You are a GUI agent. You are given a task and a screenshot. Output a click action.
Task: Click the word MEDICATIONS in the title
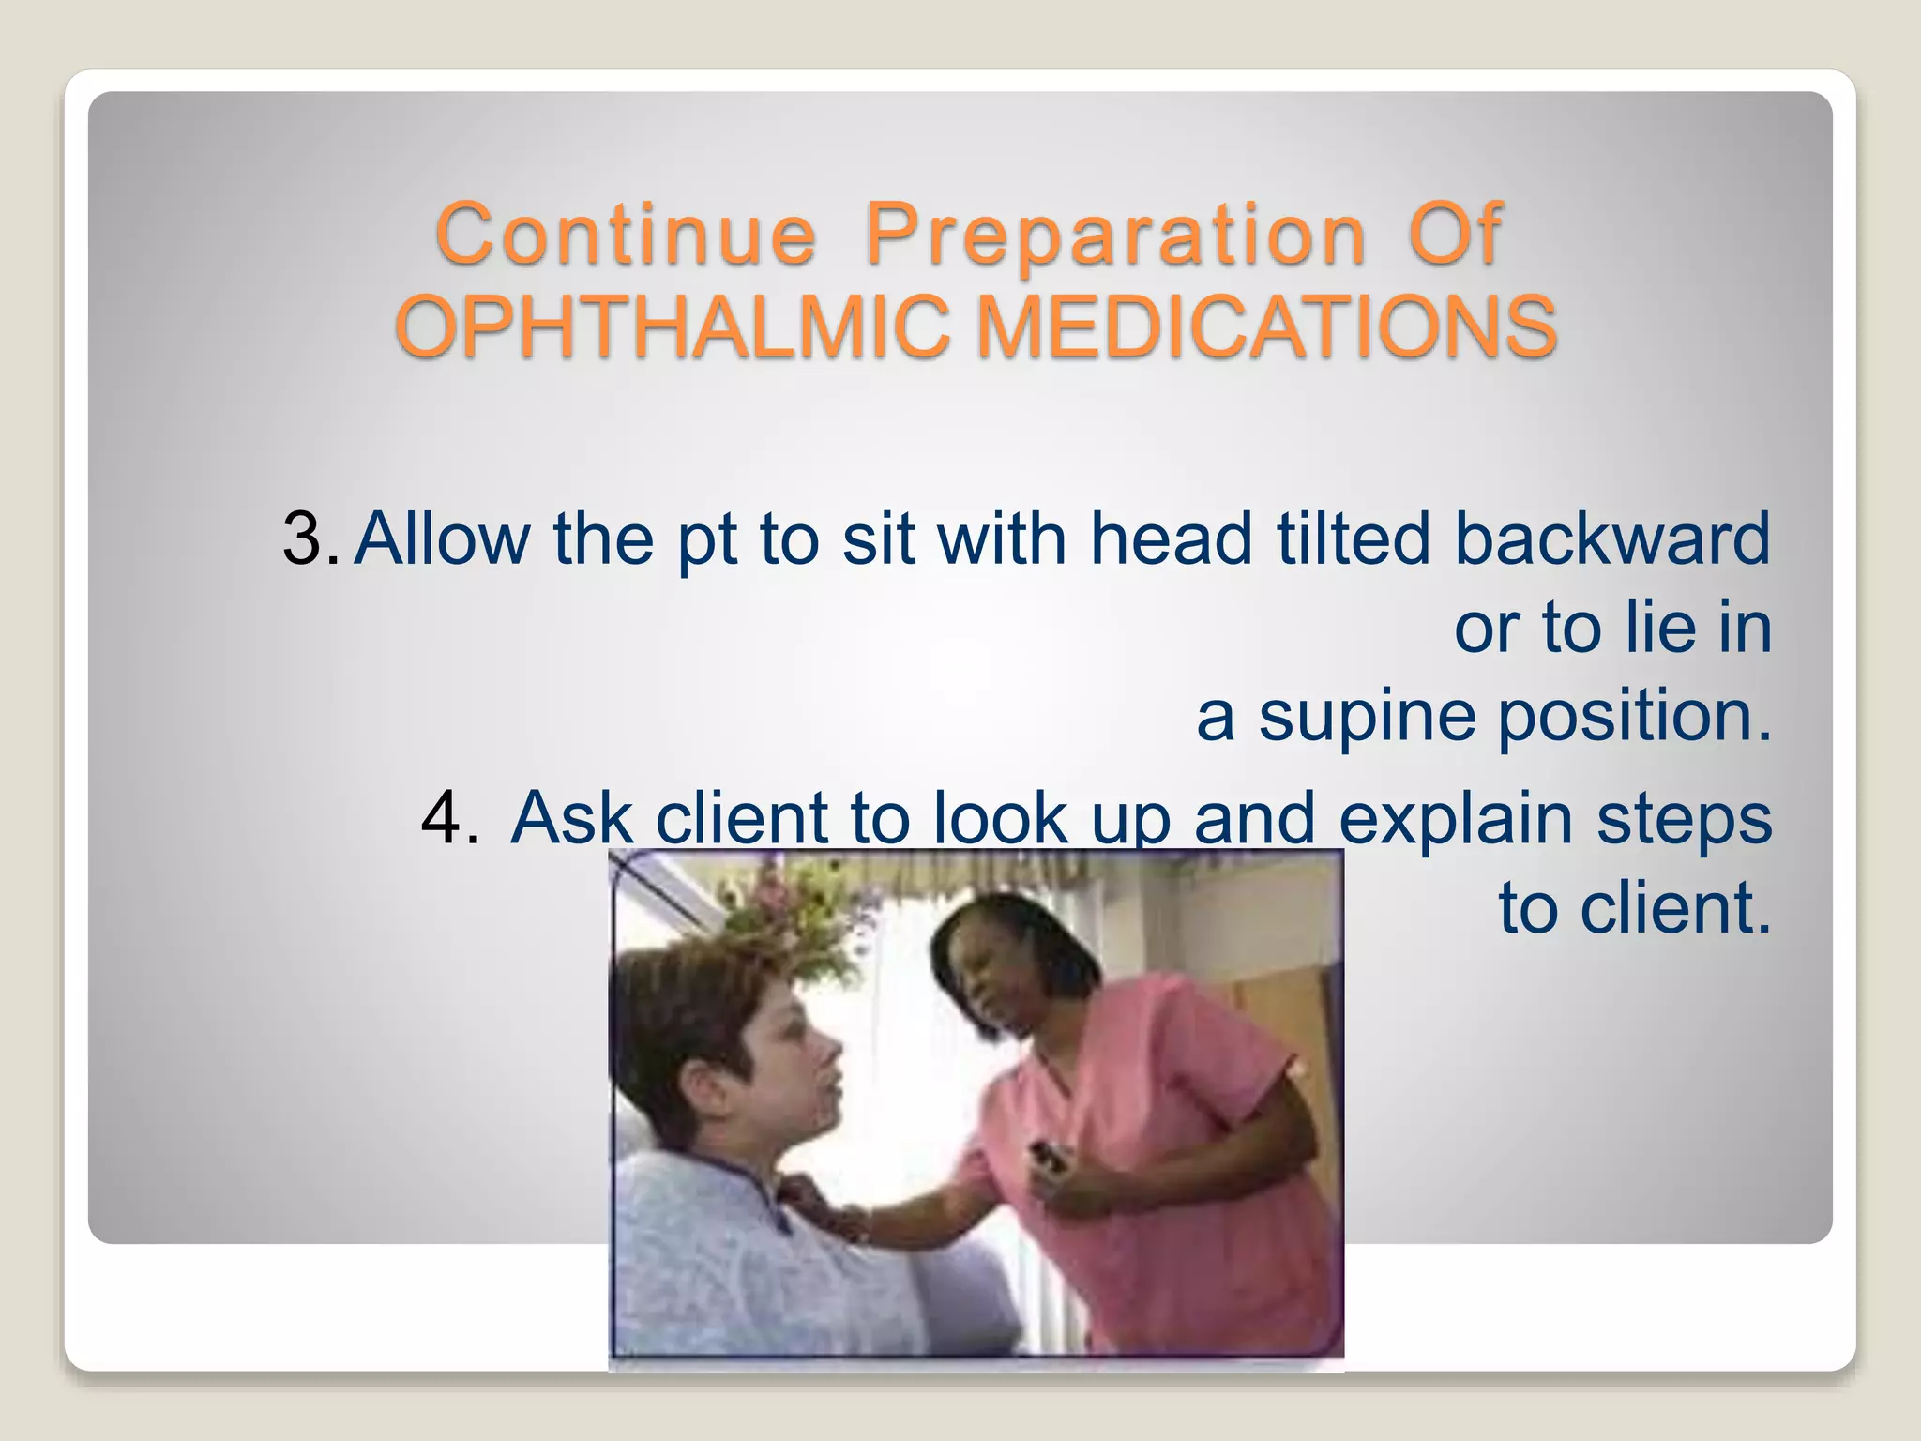1266,326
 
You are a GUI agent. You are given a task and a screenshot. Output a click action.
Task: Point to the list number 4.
448,818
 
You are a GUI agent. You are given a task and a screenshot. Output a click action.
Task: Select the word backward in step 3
1611,539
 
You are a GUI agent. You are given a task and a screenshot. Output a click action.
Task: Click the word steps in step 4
1684,818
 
